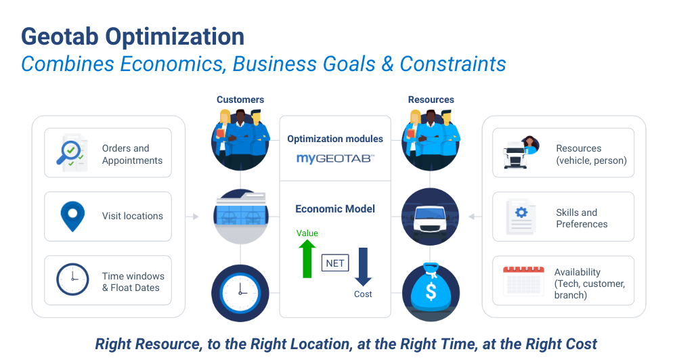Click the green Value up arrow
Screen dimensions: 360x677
coord(307,258)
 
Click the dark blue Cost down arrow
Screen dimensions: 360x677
coord(363,267)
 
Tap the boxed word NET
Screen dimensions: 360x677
coord(335,263)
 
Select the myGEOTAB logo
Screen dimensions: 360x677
coord(335,158)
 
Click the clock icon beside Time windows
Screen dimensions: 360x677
coord(72,279)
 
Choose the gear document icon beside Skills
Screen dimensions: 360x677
coord(521,217)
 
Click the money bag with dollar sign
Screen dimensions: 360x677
coord(431,292)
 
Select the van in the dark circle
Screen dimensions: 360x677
coord(431,217)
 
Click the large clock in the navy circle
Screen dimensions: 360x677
coord(240,292)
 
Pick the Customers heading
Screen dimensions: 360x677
coord(240,99)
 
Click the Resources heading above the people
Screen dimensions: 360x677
coord(431,99)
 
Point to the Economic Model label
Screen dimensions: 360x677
coord(335,208)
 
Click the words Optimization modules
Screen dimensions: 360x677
coord(335,139)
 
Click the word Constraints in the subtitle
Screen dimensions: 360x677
coord(453,64)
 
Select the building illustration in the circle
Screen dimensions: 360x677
coord(240,217)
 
